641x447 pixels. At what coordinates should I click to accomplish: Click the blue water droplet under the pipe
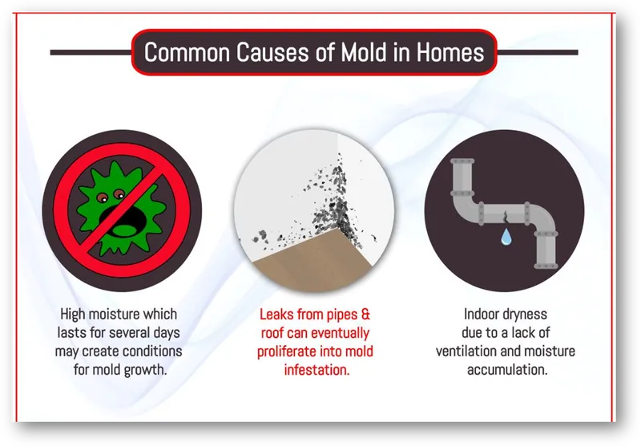506,237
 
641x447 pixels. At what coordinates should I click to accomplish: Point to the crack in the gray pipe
506,216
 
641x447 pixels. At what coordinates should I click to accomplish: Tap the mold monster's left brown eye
103,198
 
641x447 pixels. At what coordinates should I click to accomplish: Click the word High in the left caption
73,315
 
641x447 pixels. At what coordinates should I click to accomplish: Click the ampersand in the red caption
365,315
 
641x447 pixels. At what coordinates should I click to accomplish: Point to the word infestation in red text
316,370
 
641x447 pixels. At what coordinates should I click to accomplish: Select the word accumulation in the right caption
507,370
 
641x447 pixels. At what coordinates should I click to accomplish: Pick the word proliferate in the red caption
287,352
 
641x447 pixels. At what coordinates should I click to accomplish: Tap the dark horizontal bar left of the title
91,52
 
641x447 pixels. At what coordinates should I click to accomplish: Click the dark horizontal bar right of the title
537,52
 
